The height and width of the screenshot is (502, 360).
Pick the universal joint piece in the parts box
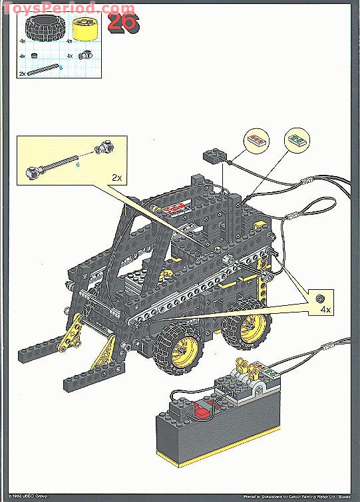tap(85, 57)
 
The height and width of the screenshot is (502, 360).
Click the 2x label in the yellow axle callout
tap(117, 178)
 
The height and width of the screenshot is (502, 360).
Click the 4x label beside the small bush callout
tap(324, 310)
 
